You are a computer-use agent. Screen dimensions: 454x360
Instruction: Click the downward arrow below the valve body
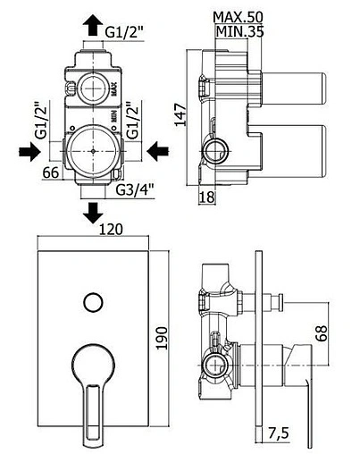click(x=93, y=212)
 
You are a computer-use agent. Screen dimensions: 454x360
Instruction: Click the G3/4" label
click(x=134, y=190)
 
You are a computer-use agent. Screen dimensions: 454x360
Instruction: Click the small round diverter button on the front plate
click(x=91, y=302)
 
